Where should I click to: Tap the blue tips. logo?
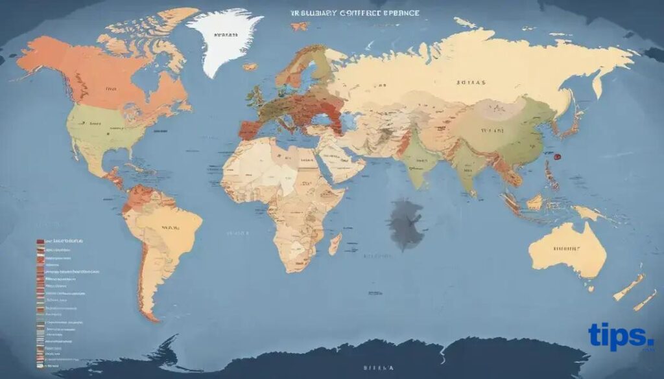coord(621,336)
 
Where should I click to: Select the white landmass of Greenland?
coord(224,42)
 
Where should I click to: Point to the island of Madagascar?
coord(335,244)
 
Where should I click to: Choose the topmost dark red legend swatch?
coord(40,241)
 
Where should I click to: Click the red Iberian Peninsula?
coord(248,128)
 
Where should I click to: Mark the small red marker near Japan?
coord(555,155)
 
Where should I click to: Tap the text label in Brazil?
coord(170,228)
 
